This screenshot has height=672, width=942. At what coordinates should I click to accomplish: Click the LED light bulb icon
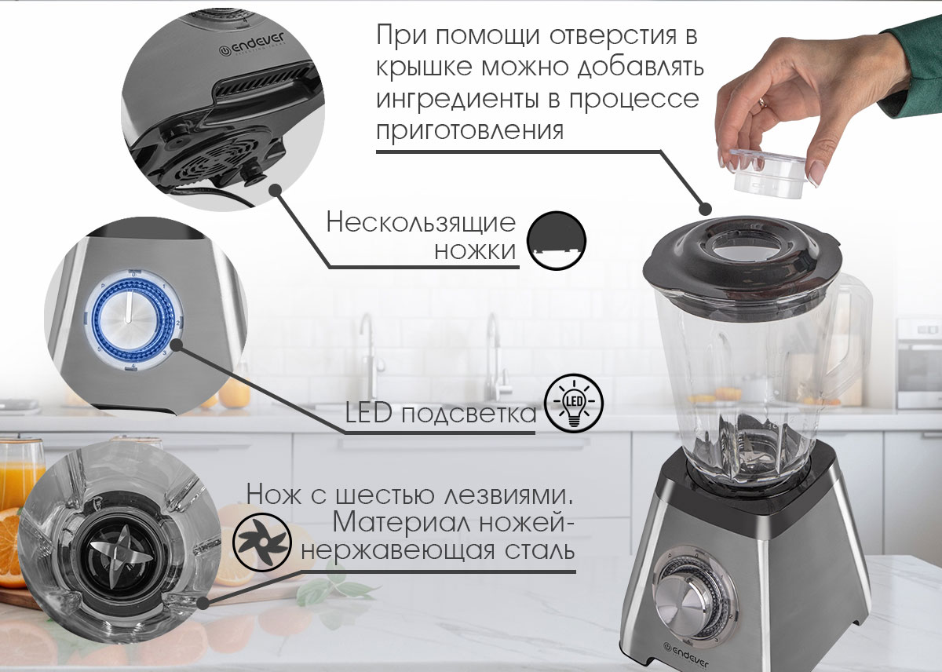(x=574, y=404)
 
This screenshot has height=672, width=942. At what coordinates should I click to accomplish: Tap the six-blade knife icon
(x=261, y=542)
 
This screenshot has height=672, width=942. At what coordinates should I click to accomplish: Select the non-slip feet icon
(x=557, y=240)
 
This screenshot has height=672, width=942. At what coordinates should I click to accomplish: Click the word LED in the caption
(x=368, y=413)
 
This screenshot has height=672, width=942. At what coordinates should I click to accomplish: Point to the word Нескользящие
(x=421, y=223)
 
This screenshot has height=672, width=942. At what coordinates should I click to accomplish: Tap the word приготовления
(x=469, y=131)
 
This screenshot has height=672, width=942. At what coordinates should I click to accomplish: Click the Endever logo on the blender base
(x=686, y=656)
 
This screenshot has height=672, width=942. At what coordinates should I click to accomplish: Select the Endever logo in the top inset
(x=251, y=45)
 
